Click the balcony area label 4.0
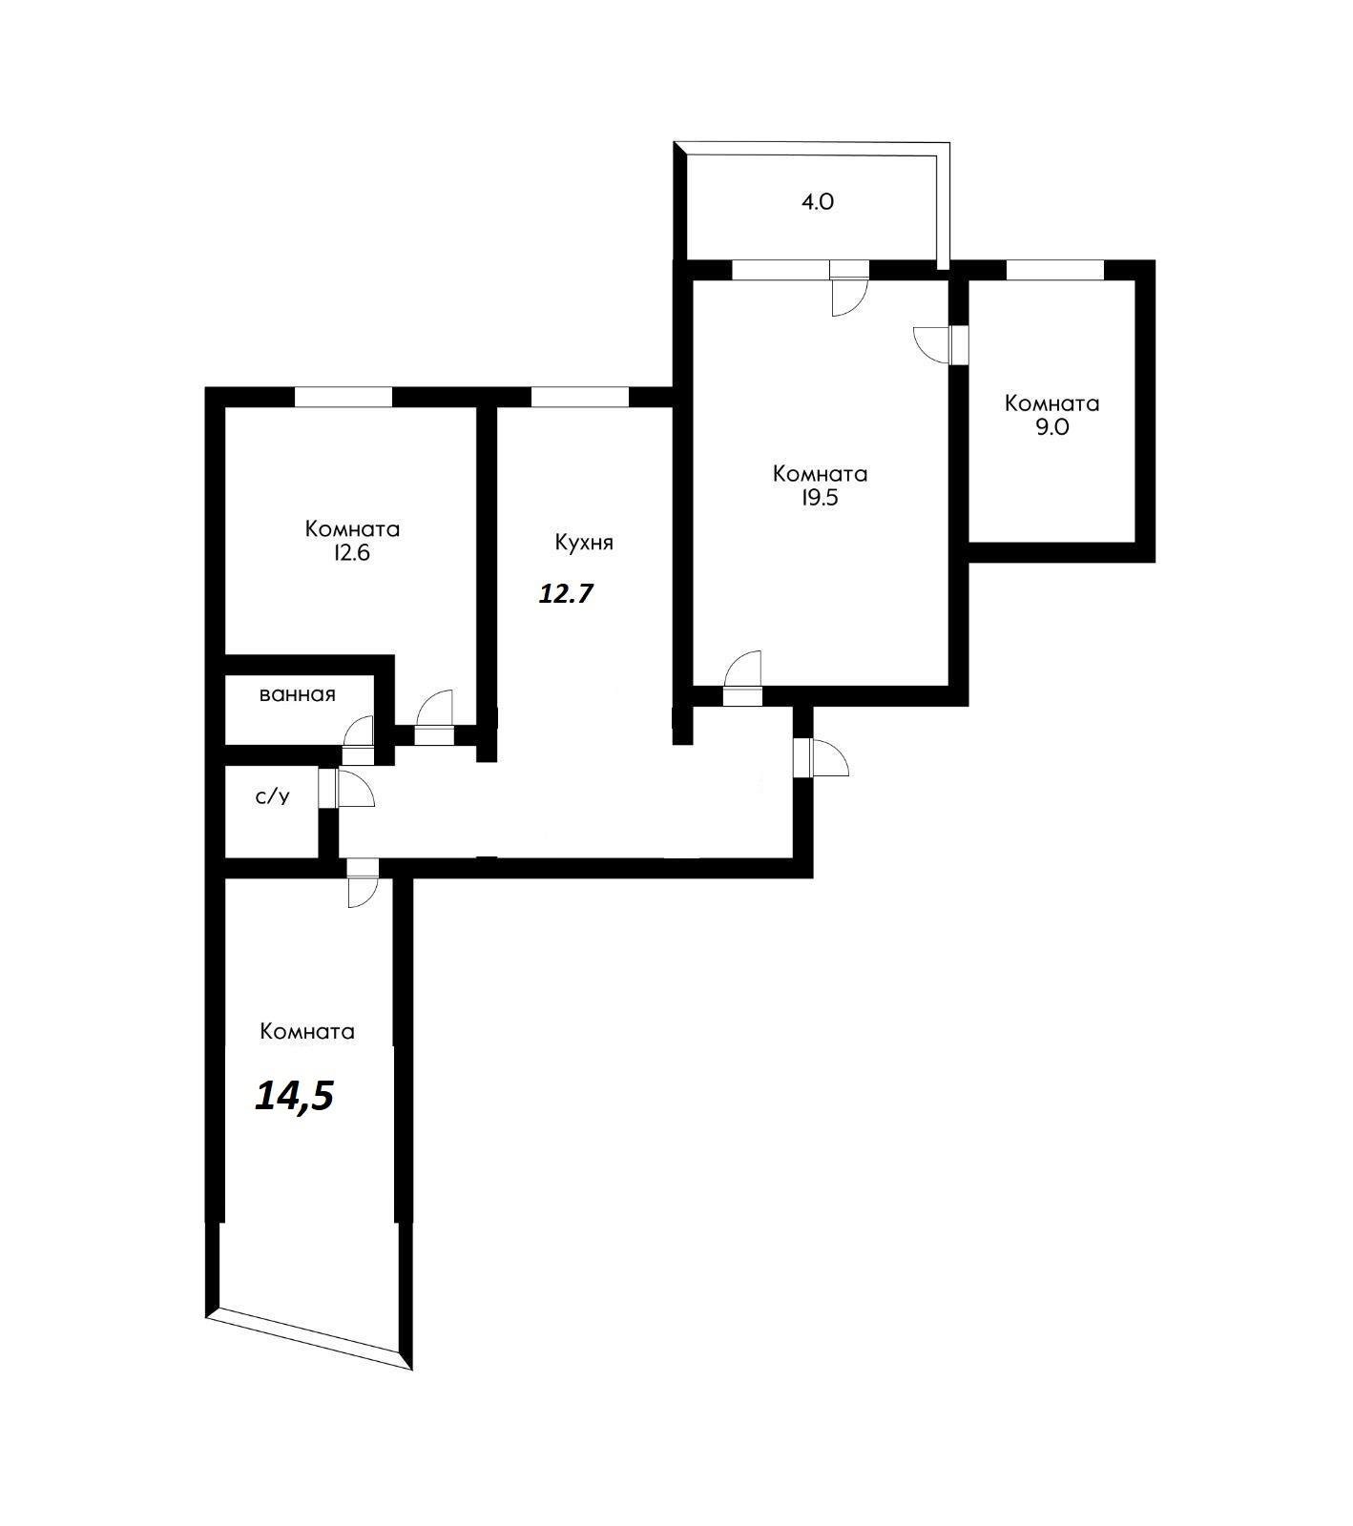click(x=819, y=202)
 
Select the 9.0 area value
click(x=1051, y=427)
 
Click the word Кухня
click(x=584, y=543)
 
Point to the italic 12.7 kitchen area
click(x=567, y=594)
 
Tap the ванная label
click(x=298, y=694)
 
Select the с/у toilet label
click(x=273, y=796)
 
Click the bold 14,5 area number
click(x=294, y=1097)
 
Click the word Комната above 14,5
click(x=307, y=1032)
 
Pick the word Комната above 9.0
click(x=1051, y=403)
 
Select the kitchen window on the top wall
click(x=579, y=397)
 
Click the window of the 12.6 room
click(x=343, y=397)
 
